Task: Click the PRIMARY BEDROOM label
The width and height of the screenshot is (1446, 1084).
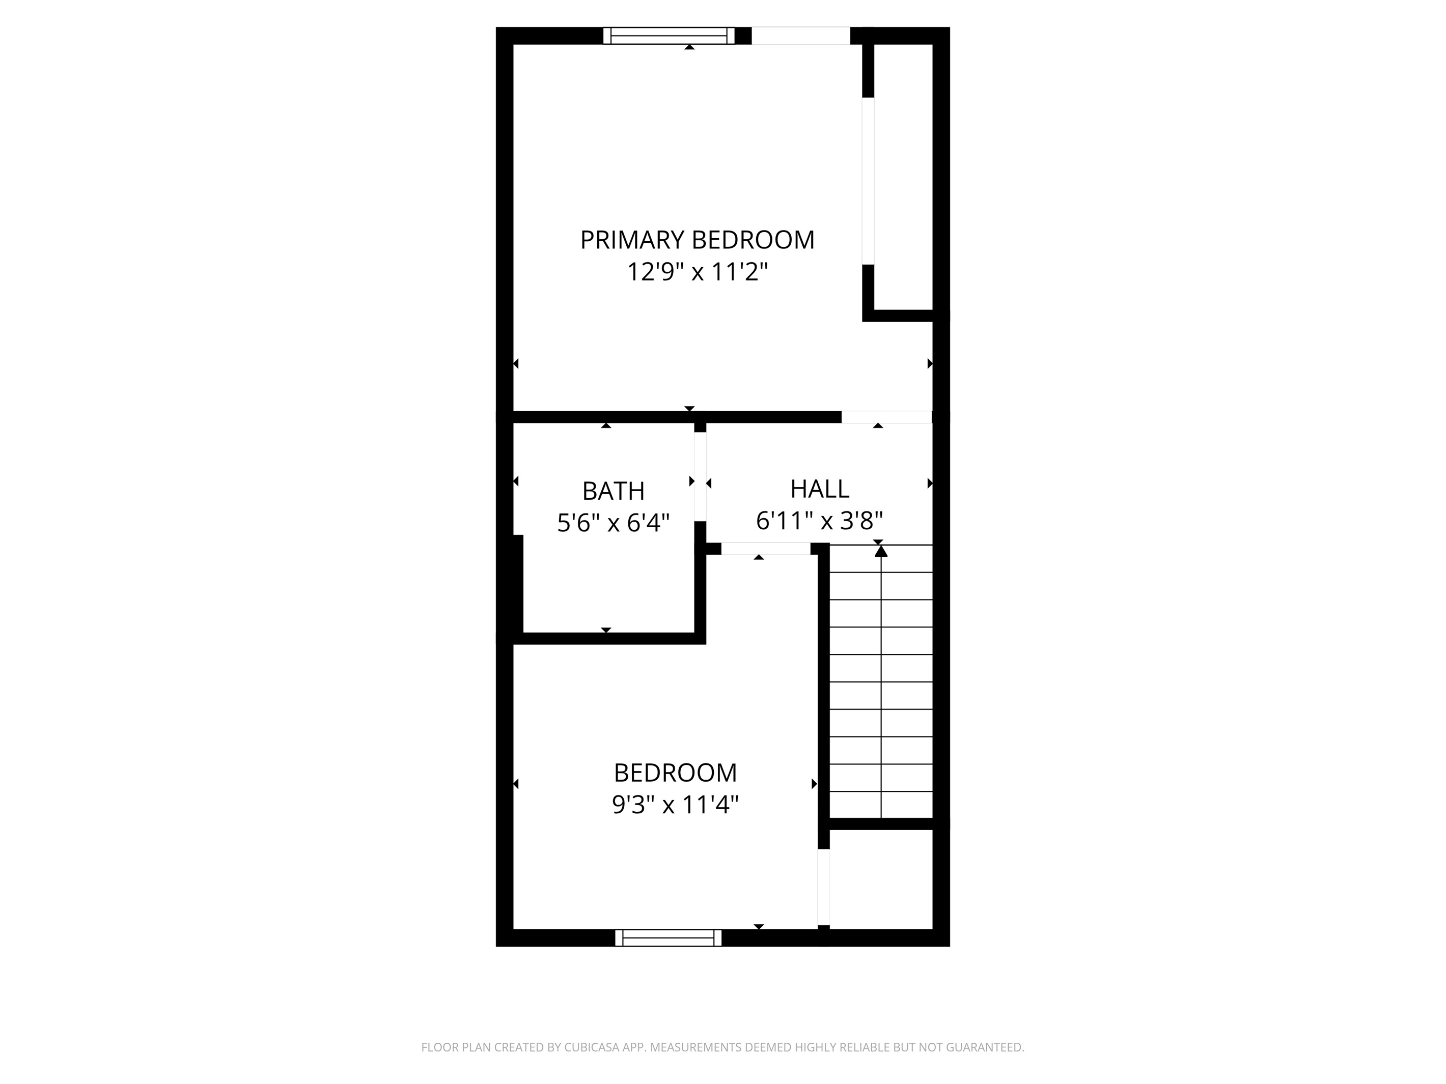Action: click(697, 240)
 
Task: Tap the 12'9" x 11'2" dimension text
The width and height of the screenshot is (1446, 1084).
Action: click(697, 271)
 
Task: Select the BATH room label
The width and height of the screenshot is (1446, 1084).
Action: click(613, 491)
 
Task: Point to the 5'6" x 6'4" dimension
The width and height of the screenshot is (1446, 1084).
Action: click(613, 523)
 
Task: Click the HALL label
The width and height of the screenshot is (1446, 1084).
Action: click(820, 489)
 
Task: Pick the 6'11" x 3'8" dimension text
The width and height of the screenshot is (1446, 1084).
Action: click(820, 521)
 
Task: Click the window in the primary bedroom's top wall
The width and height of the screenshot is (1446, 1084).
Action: click(669, 36)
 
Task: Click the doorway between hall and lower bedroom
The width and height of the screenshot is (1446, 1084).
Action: click(765, 549)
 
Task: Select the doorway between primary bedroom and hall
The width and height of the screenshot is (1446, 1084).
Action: click(886, 417)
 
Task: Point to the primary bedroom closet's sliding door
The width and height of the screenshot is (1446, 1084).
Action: click(868, 181)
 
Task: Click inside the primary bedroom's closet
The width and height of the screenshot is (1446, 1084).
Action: click(903, 177)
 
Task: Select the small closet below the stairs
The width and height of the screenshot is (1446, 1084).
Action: click(880, 879)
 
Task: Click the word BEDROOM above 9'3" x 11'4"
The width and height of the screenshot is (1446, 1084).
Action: click(675, 773)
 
